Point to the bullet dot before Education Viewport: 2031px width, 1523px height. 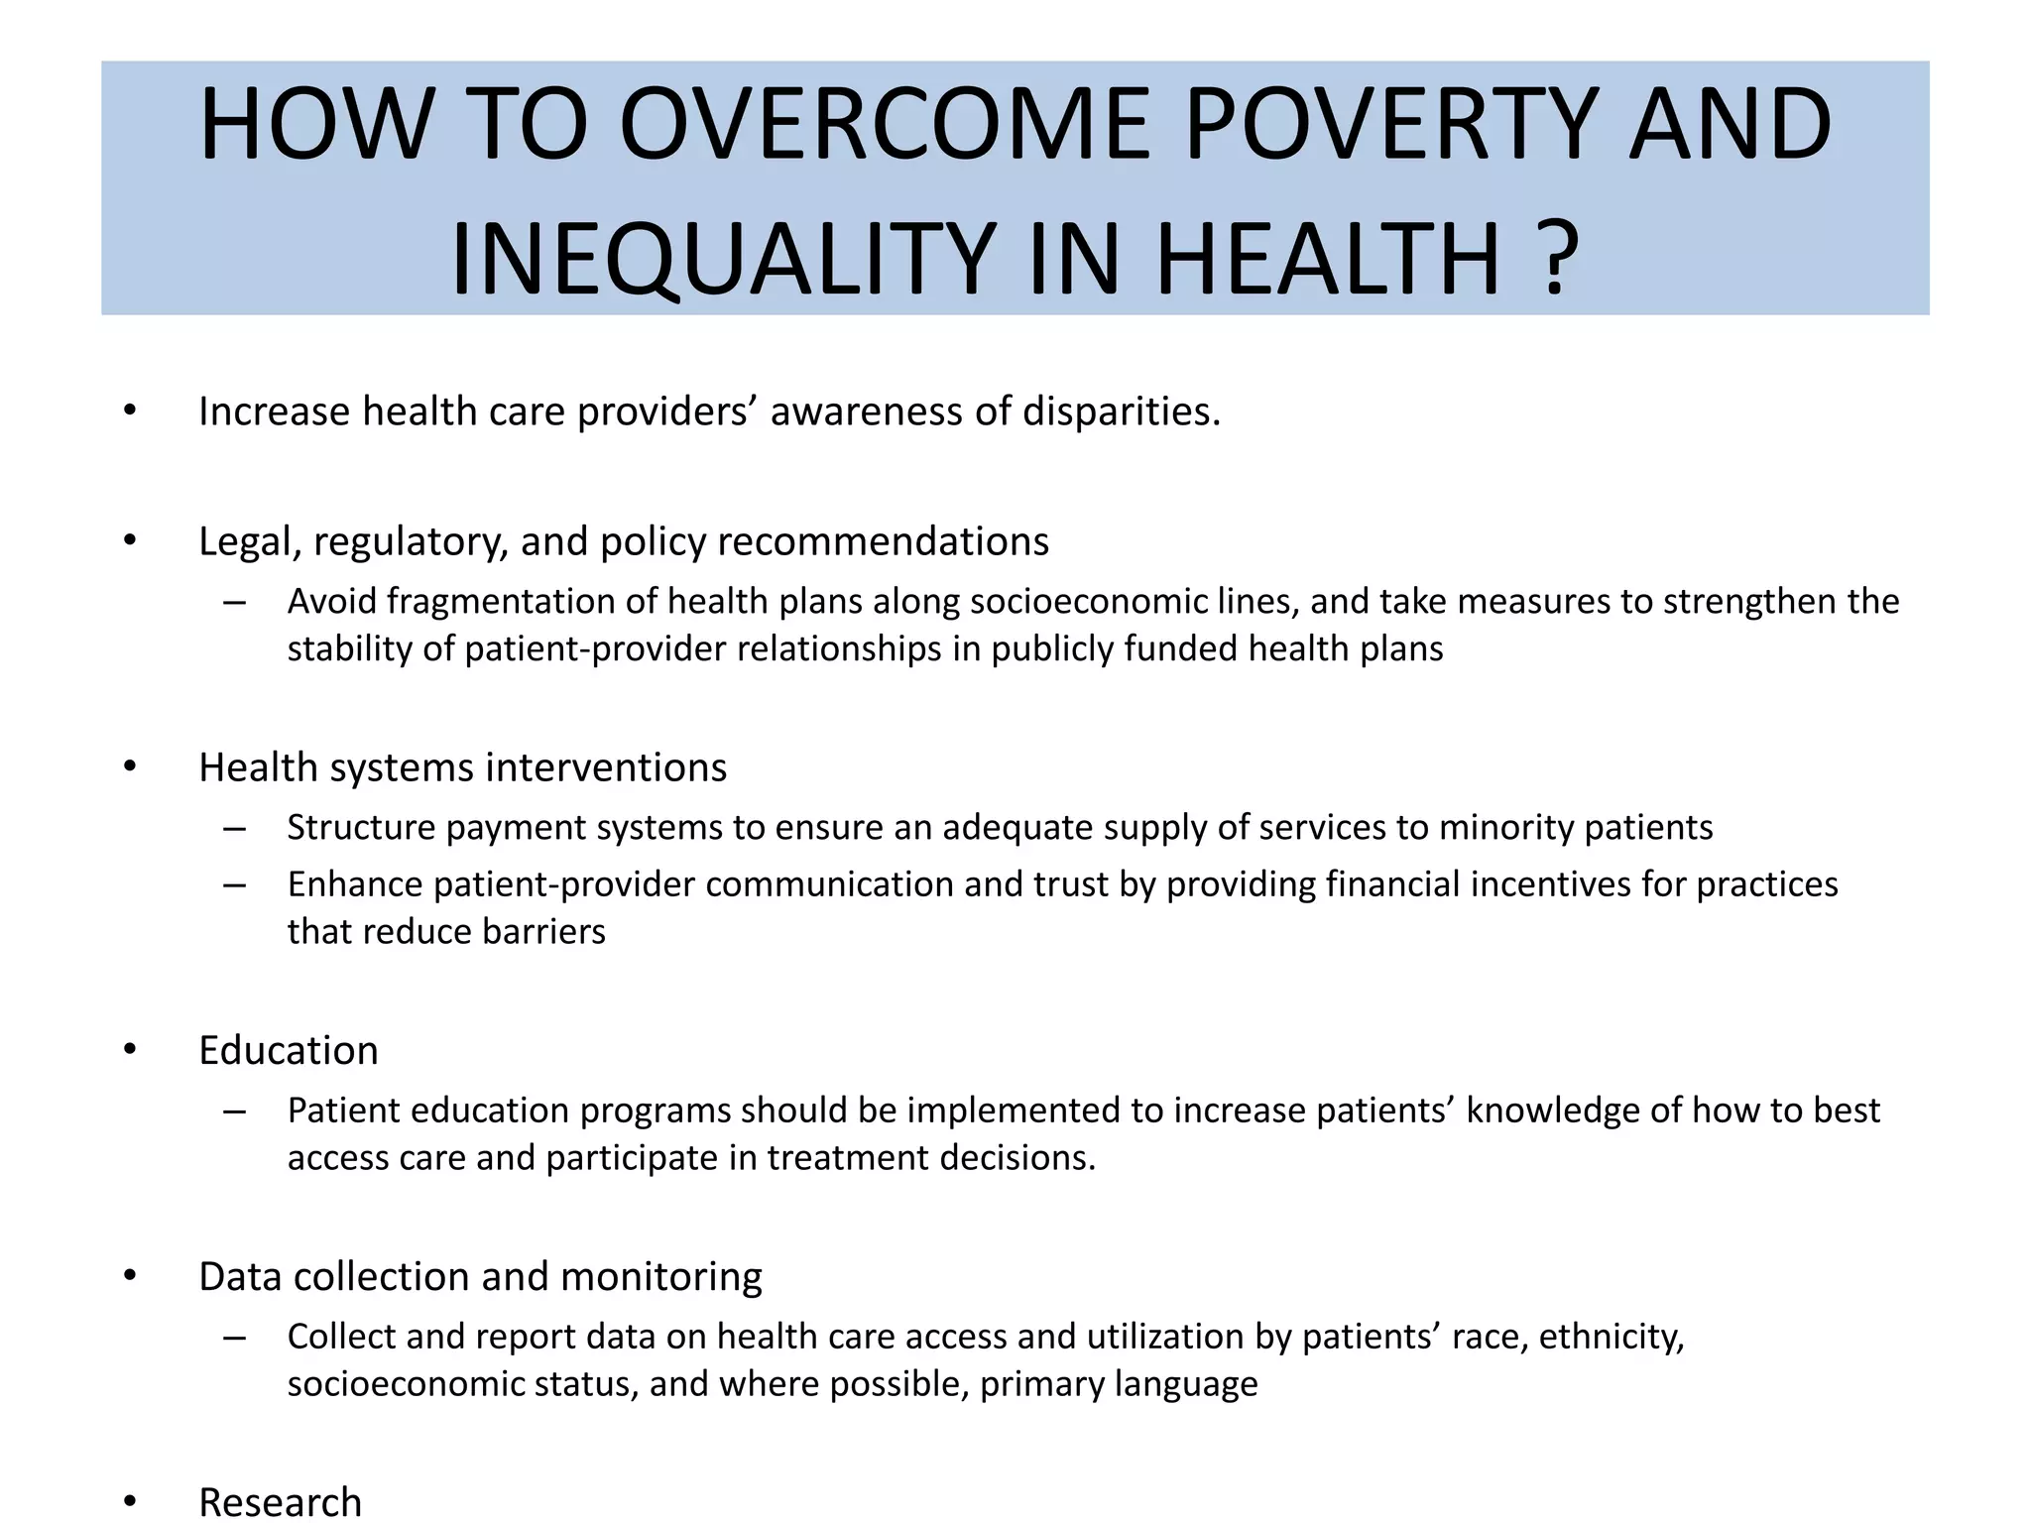[130, 1050]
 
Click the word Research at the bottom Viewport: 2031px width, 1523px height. [280, 1502]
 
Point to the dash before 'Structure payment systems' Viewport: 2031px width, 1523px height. [234, 828]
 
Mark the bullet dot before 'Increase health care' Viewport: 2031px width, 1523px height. [130, 411]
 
